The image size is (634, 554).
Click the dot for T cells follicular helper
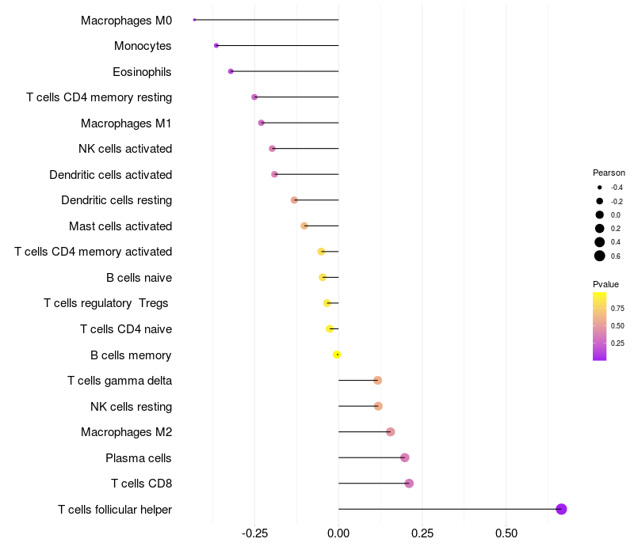click(x=561, y=509)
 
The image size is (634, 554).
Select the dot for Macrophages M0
click(x=194, y=20)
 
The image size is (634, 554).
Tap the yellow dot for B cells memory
click(x=337, y=355)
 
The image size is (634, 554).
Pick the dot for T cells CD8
click(x=409, y=484)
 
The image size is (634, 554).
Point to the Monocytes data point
click(x=216, y=45)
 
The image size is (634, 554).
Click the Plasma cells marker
click(x=405, y=457)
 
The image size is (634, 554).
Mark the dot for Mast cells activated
click(x=304, y=226)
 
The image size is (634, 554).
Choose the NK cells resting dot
click(x=378, y=406)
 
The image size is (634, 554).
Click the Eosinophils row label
click(x=142, y=72)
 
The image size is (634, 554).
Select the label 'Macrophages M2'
click(x=126, y=432)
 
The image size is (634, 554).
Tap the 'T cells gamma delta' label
click(x=120, y=381)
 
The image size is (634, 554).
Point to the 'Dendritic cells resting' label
click(x=116, y=200)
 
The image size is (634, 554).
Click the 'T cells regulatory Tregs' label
click(x=107, y=303)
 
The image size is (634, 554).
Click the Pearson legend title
click(x=609, y=173)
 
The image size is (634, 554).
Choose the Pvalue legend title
click(x=605, y=284)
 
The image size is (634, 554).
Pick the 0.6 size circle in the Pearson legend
click(x=600, y=256)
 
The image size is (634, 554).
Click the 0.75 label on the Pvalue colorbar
click(x=617, y=308)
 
